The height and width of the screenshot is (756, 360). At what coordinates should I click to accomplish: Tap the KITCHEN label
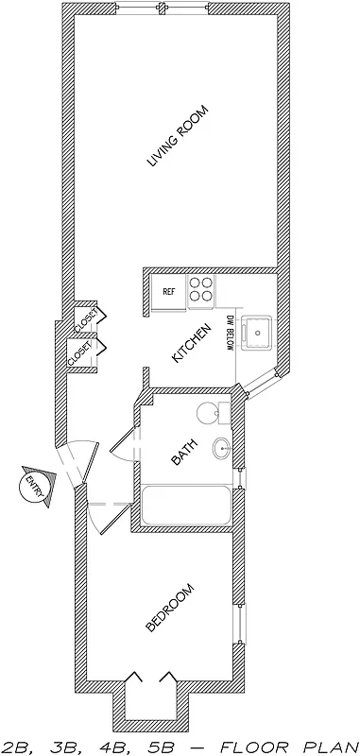(x=190, y=344)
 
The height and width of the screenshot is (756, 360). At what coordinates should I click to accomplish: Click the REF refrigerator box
(x=169, y=291)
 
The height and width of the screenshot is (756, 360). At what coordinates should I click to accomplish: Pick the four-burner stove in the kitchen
(x=200, y=292)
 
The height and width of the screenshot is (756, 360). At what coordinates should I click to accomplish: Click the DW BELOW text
(x=230, y=333)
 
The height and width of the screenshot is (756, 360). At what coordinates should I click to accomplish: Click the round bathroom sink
(x=222, y=450)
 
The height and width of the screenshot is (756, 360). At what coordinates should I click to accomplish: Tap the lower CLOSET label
(x=79, y=354)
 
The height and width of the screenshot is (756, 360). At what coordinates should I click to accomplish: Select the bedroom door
(x=106, y=515)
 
